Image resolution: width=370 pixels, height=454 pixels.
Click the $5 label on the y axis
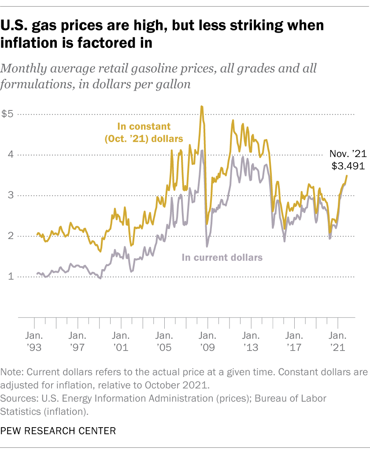tap(7, 114)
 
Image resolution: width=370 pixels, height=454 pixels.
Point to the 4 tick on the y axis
tap(9, 155)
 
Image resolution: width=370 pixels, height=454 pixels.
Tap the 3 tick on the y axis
tap(9, 195)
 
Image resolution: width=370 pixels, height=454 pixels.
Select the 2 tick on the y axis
tap(9, 236)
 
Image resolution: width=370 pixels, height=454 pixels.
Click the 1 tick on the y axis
tap(9, 277)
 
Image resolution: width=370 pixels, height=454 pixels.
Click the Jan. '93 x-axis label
tap(33, 341)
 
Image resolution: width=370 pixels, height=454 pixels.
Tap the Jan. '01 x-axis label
tap(120, 341)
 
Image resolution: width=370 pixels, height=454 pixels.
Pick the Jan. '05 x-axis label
tap(164, 341)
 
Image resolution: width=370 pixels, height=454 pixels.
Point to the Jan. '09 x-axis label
tap(207, 341)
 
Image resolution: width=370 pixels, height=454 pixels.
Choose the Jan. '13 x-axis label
tap(251, 341)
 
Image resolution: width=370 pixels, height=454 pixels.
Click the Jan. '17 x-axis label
tap(294, 341)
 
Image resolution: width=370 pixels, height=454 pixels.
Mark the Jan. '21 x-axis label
tap(337, 341)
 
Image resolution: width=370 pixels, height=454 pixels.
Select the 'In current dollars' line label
tap(222, 257)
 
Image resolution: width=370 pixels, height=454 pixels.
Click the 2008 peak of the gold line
tap(201, 106)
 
